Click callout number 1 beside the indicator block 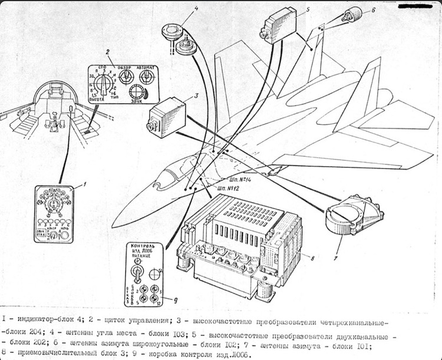click(x=84, y=184)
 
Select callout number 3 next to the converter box click(x=196, y=96)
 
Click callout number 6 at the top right click(x=373, y=10)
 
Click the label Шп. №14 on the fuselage click(x=227, y=179)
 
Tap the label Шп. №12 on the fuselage click(x=227, y=188)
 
